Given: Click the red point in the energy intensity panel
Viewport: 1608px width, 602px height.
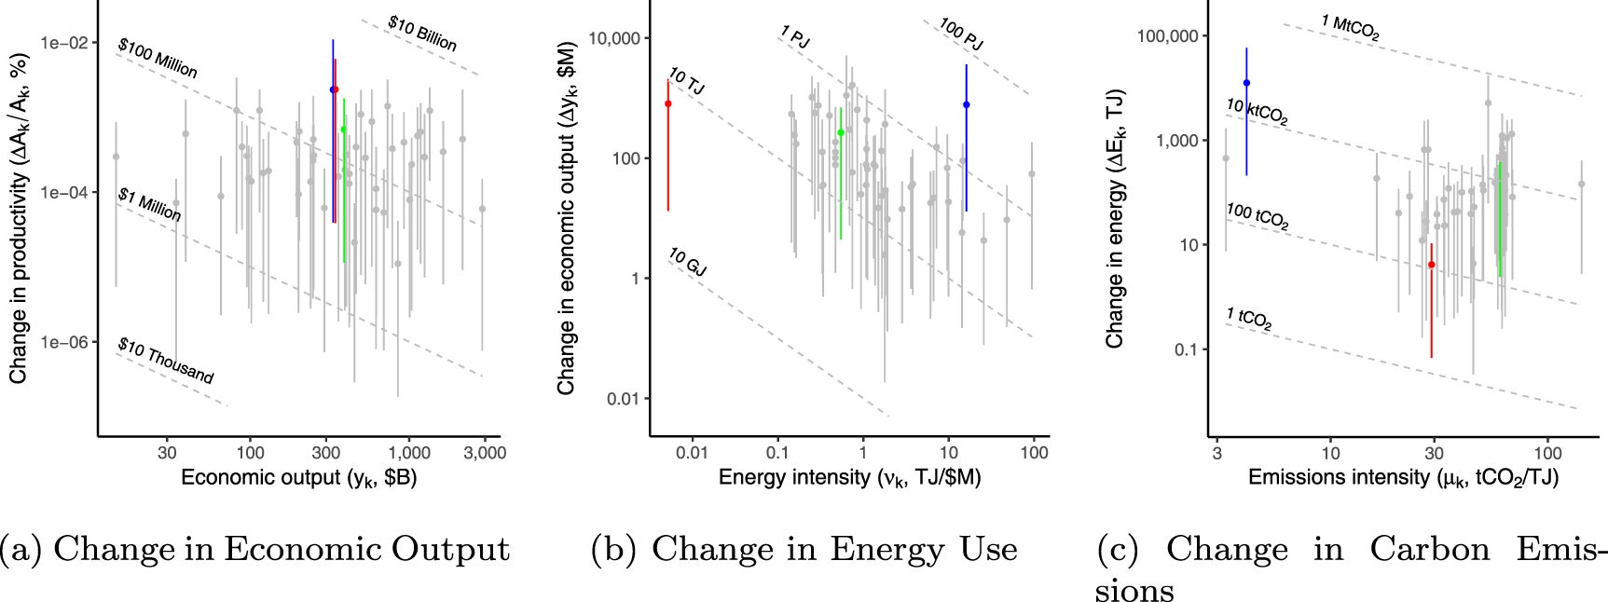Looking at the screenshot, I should pos(667,103).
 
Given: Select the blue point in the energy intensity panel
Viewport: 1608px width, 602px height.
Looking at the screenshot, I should pos(967,105).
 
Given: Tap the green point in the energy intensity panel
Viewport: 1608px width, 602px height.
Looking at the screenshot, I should pos(841,132).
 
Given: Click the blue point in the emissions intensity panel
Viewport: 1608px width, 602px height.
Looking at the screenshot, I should pos(1246,83).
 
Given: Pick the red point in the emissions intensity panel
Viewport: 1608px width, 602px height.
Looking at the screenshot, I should pos(1432,265).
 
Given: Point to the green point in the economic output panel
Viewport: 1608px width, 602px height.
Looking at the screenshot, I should pos(344,130).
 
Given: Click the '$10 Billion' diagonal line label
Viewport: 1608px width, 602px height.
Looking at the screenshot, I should pos(422,34).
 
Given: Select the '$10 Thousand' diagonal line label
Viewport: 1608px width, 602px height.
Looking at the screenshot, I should pos(166,362).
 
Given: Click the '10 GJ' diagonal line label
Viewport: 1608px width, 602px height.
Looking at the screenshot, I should pos(688,263).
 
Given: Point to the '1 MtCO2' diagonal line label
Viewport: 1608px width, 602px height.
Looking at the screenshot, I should pos(1350,27).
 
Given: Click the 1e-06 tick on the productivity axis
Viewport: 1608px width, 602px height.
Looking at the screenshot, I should pos(63,342).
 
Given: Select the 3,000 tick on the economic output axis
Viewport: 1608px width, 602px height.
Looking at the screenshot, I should pos(486,453).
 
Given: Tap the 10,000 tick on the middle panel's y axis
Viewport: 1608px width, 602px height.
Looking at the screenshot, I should pos(614,38).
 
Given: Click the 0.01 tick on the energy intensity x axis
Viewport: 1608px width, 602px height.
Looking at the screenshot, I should pos(692,453).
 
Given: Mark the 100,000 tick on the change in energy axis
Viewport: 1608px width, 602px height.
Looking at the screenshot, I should pos(1167,36).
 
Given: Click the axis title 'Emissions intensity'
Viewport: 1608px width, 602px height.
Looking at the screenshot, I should pos(1403,478).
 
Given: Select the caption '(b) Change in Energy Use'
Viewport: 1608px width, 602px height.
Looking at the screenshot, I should pos(804,549).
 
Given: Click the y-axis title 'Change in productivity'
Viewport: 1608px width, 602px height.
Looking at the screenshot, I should pos(19,218).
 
